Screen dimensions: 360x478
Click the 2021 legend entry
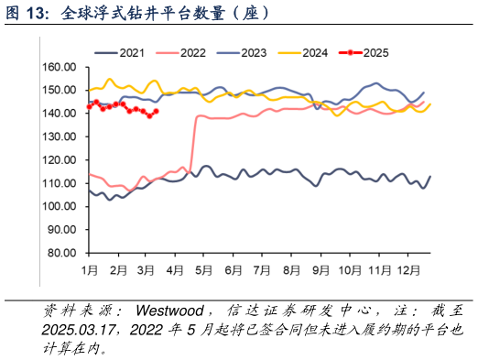point(134,53)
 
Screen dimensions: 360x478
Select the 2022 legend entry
point(192,53)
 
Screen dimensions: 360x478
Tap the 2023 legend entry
point(254,53)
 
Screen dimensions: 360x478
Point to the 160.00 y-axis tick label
point(59,67)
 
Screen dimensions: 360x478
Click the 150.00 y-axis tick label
point(59,90)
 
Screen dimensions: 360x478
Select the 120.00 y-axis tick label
point(59,160)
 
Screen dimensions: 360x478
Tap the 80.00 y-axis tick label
point(61,253)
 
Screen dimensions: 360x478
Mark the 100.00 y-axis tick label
point(59,206)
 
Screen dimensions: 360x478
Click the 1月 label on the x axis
point(90,271)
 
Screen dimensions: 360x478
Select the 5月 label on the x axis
point(206,271)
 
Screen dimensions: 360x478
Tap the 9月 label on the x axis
point(321,271)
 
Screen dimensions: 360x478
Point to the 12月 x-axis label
point(409,271)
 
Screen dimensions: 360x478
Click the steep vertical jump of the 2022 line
point(192,142)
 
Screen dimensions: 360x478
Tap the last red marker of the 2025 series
point(157,111)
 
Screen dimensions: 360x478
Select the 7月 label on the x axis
point(264,271)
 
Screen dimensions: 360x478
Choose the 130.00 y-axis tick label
point(59,136)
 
